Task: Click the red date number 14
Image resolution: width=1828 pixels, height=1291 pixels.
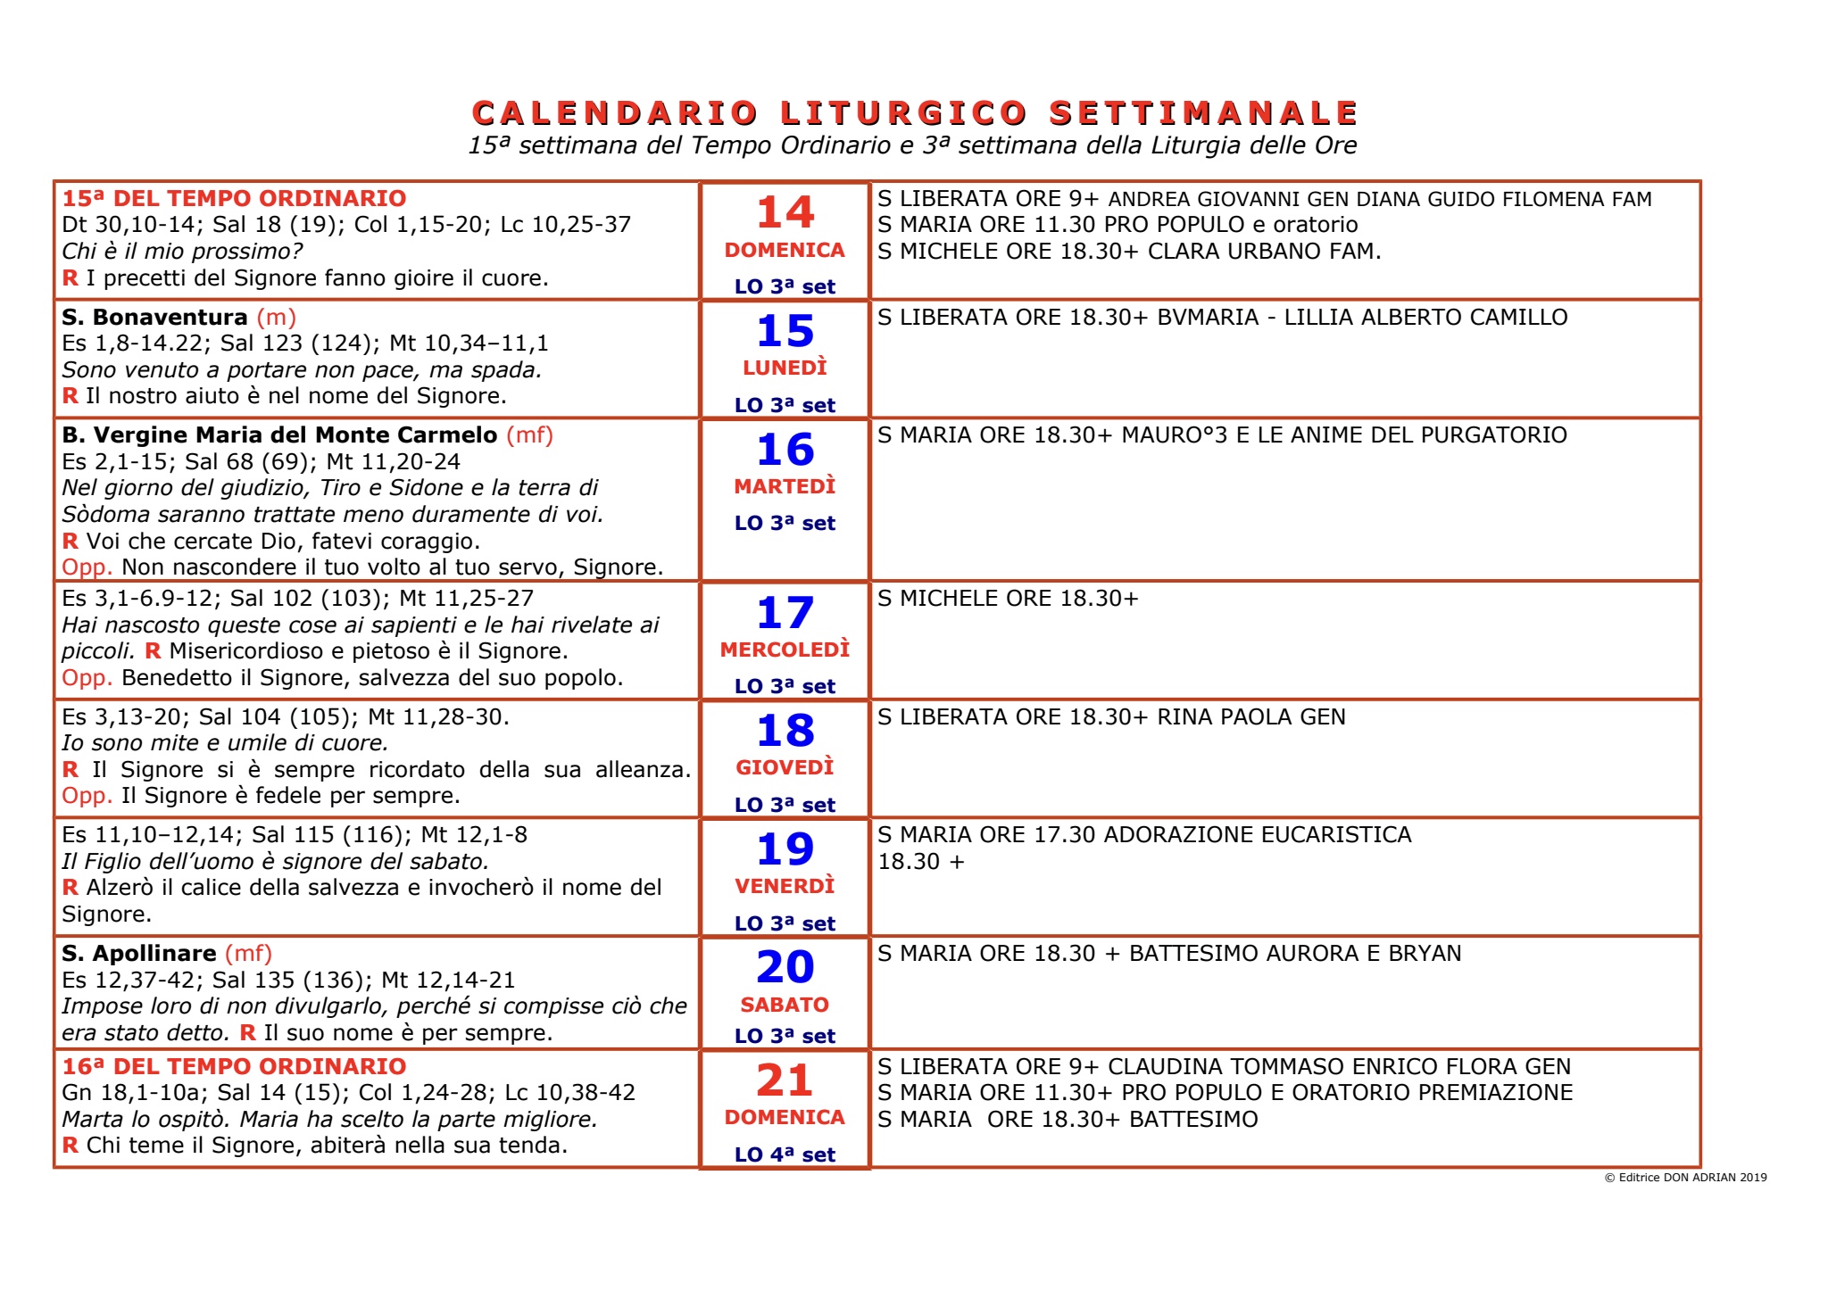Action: point(785,213)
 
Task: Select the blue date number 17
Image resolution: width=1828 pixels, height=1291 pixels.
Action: point(785,614)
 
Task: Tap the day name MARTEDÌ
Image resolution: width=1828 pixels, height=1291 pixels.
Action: point(785,487)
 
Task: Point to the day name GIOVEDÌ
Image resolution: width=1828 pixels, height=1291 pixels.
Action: point(785,768)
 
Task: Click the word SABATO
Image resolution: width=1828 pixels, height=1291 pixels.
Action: point(785,1005)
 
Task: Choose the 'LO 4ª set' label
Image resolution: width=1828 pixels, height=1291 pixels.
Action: point(785,1154)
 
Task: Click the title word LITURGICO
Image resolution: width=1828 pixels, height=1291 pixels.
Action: point(903,114)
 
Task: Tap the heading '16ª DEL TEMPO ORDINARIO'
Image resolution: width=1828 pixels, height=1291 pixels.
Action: point(234,1066)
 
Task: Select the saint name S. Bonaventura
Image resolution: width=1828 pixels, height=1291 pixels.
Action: point(154,318)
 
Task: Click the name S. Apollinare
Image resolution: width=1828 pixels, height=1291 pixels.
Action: point(139,954)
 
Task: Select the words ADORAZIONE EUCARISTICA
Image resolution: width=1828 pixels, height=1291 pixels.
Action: point(1258,835)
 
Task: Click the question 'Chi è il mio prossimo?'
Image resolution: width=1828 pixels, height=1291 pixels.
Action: point(182,252)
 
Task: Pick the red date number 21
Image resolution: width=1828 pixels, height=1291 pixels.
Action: point(785,1080)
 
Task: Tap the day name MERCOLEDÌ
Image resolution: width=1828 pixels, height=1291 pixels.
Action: point(785,650)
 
